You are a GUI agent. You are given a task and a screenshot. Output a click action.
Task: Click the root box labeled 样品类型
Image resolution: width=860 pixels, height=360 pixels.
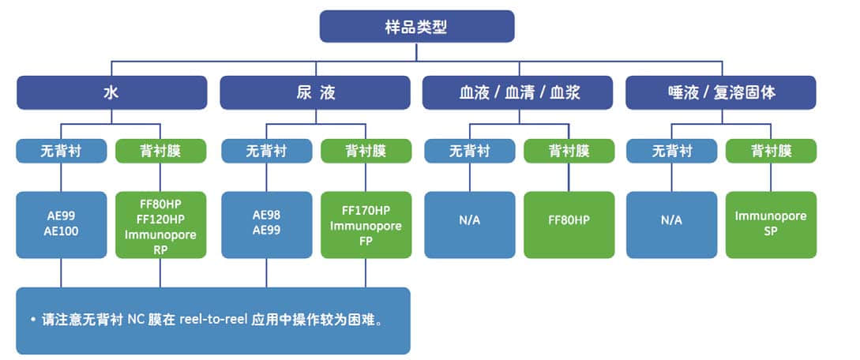pyautogui.click(x=416, y=27)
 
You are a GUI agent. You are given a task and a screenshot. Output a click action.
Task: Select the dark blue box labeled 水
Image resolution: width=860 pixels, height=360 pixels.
pyautogui.click(x=111, y=92)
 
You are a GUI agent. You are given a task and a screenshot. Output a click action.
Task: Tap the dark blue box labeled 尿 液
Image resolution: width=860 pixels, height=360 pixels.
pyautogui.click(x=314, y=92)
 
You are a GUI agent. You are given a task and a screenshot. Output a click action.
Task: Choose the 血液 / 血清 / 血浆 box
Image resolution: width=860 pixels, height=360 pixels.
pyautogui.click(x=518, y=92)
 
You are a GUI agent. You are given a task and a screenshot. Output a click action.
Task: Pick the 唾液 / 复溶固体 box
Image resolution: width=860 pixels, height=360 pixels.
pyautogui.click(x=720, y=92)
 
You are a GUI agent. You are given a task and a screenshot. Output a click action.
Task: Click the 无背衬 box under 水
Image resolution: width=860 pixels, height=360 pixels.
pyautogui.click(x=61, y=151)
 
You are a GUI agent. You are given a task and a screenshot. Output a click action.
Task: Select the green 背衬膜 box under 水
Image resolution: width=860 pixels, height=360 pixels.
pyautogui.click(x=161, y=151)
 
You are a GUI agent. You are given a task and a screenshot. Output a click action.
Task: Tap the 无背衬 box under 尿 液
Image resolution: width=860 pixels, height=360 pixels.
pyautogui.click(x=266, y=151)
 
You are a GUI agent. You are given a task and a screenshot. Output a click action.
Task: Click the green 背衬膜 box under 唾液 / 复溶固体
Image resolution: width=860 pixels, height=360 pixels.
pyautogui.click(x=771, y=151)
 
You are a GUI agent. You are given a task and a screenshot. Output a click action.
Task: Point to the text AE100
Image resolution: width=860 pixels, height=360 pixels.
pyautogui.click(x=61, y=231)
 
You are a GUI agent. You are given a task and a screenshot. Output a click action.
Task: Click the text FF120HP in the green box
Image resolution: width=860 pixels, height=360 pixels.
pyautogui.click(x=161, y=219)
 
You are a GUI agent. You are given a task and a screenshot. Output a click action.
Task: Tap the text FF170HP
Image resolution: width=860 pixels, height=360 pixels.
pyautogui.click(x=366, y=211)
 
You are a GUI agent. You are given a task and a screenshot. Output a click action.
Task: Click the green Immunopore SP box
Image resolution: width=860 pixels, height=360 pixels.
pyautogui.click(x=771, y=223)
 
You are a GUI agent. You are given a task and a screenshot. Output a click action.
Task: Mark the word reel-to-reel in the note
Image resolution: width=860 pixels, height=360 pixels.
pyautogui.click(x=213, y=321)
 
